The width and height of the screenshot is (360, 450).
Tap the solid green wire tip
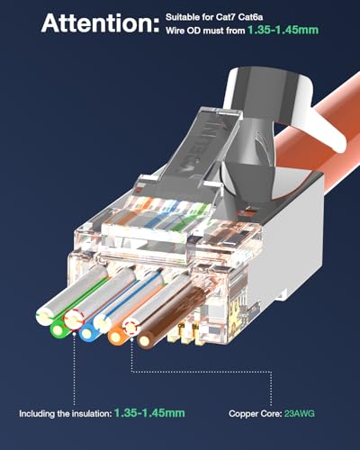click(x=60, y=329)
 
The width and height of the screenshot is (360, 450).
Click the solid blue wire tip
click(x=87, y=334)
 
